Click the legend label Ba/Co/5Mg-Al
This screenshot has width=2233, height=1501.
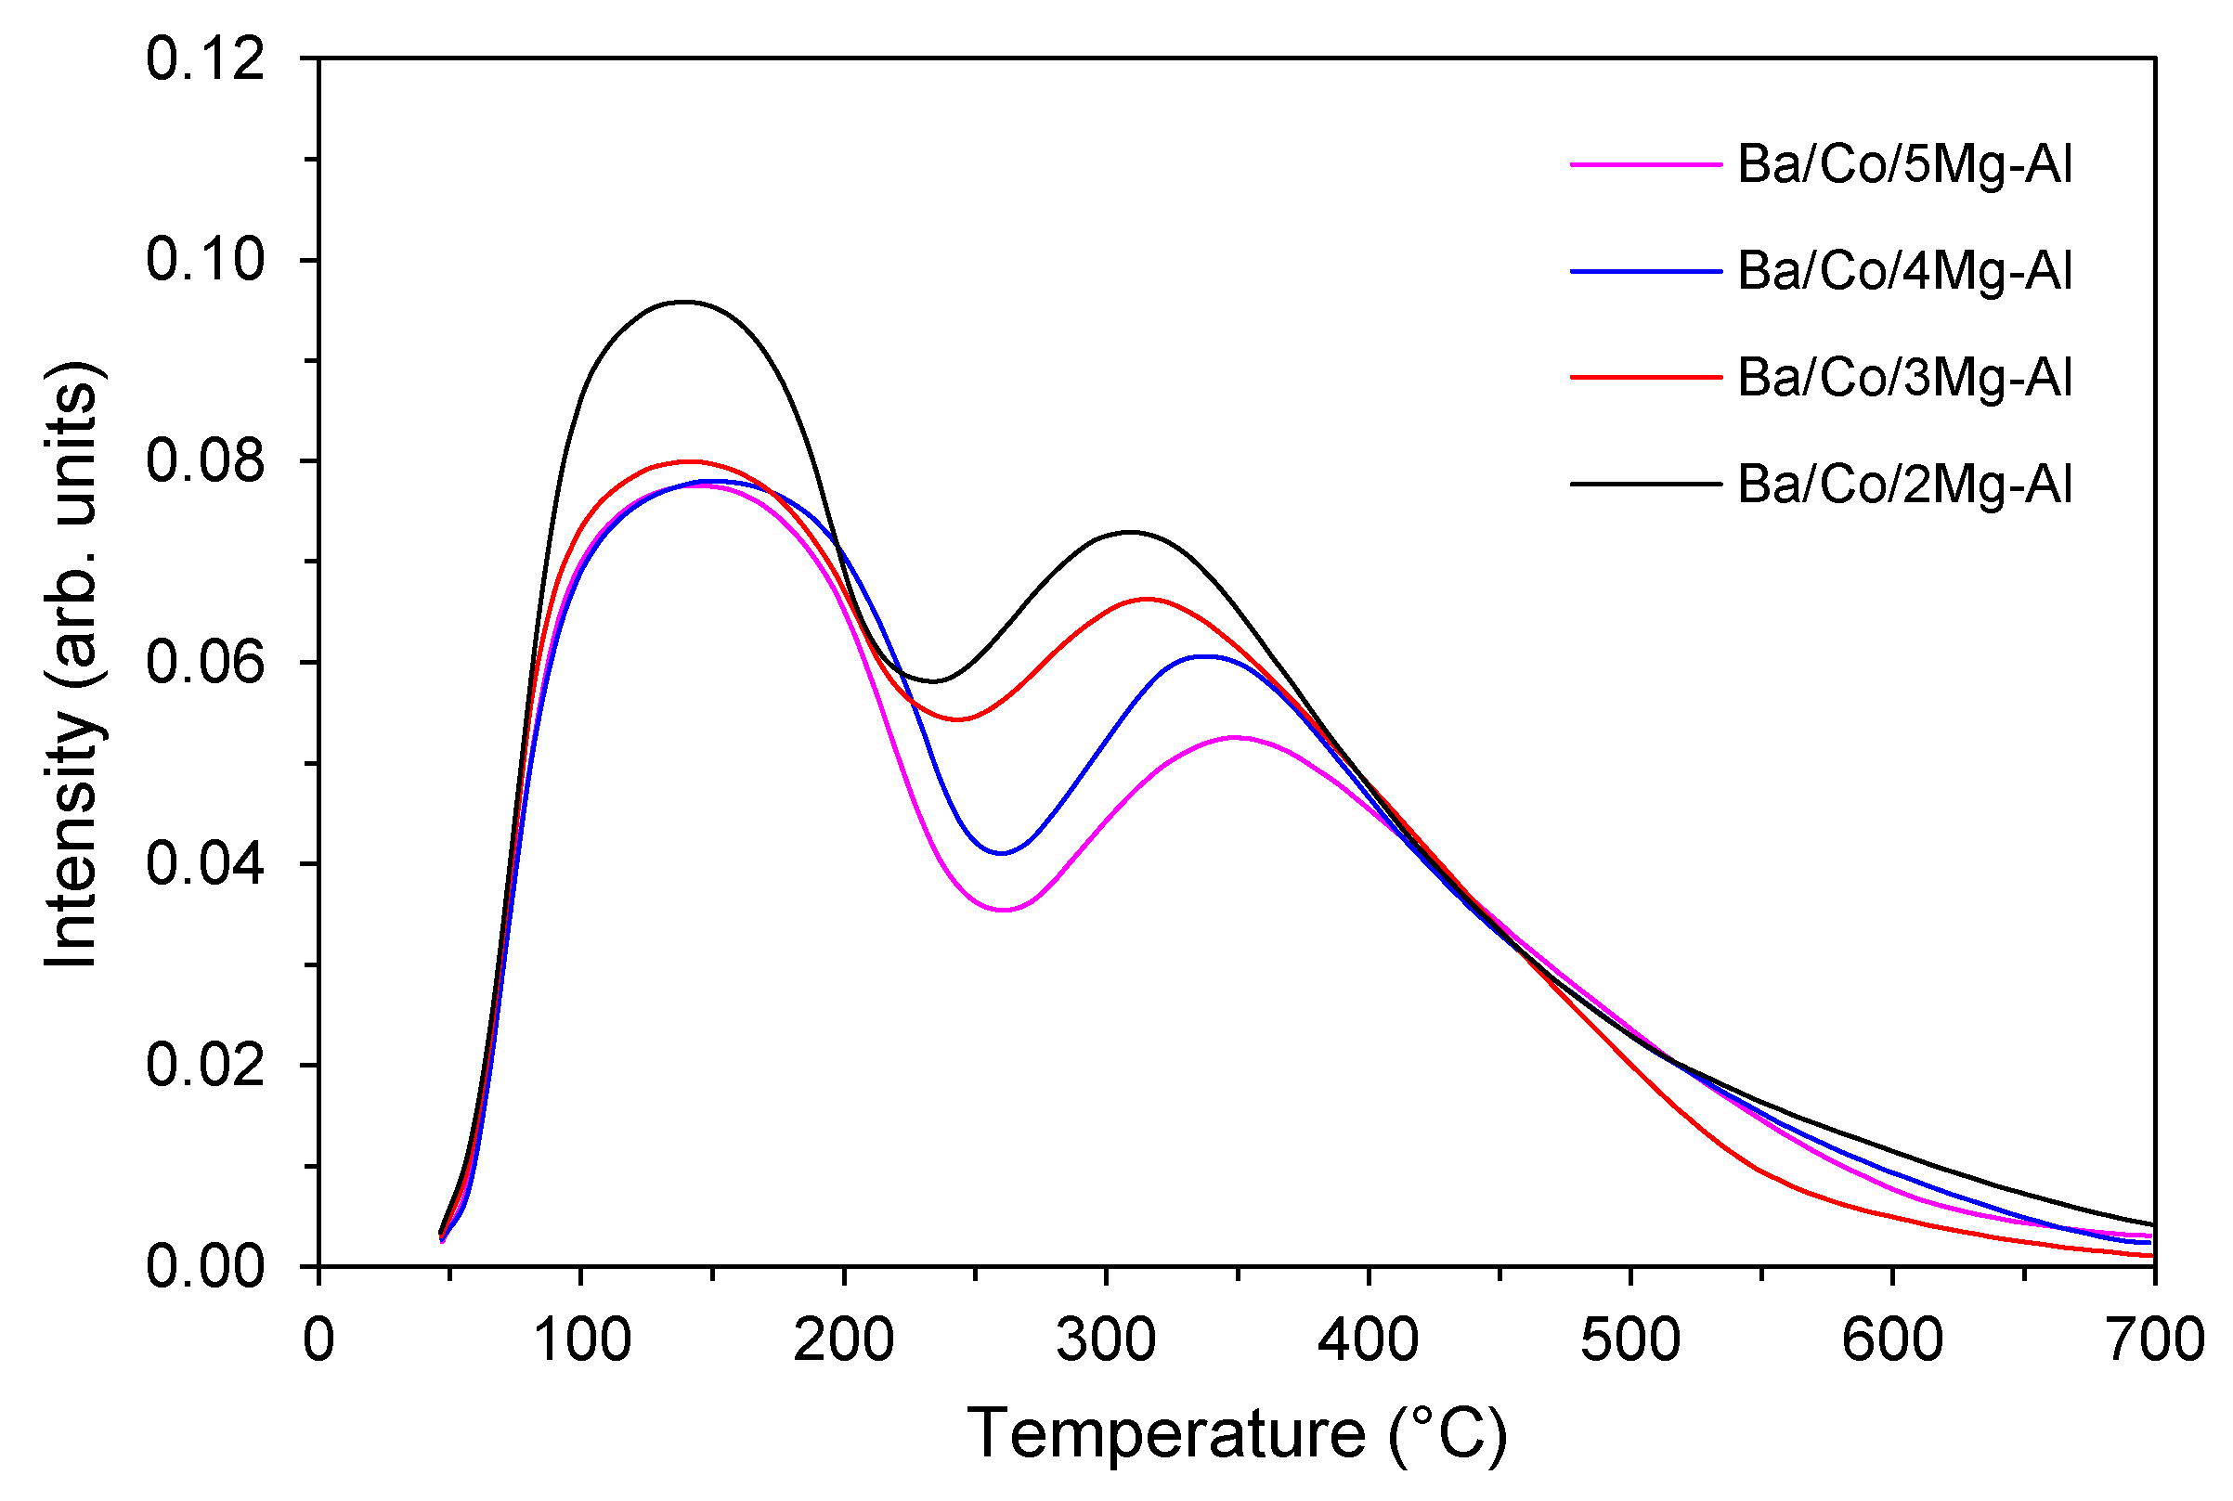(x=1903, y=164)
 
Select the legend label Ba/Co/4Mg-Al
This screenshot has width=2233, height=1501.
(x=1903, y=271)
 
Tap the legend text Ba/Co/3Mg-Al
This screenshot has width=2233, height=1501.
(x=1903, y=377)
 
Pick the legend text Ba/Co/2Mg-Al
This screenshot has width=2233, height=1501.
(x=1903, y=485)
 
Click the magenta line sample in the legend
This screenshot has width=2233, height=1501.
(x=1645, y=164)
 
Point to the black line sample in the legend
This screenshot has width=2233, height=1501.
(x=1645, y=484)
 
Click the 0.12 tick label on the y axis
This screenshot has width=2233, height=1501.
(x=205, y=59)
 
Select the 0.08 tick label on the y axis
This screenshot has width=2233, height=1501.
(x=205, y=461)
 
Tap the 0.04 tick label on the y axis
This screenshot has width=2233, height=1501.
(x=205, y=863)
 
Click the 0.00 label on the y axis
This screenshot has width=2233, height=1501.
(x=205, y=1265)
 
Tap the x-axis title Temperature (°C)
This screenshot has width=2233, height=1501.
(x=1237, y=1434)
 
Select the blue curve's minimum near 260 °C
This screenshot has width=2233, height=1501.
(x=1002, y=853)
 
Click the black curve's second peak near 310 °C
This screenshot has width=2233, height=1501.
(x=1131, y=531)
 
